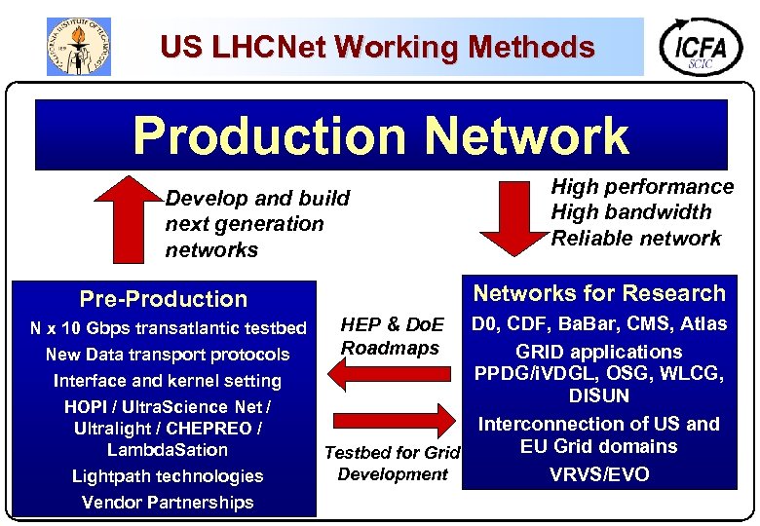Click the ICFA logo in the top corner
tap(701, 46)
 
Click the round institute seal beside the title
tap(79, 46)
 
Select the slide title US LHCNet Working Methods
tap(377, 46)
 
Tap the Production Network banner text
tap(381, 135)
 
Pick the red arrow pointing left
tap(391, 372)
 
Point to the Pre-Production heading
tap(164, 299)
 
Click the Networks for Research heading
tap(599, 293)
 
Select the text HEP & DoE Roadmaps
tap(392, 336)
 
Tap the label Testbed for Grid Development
tap(392, 464)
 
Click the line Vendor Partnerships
tap(168, 503)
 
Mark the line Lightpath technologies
tap(168, 476)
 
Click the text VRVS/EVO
tap(599, 475)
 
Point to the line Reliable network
tap(636, 239)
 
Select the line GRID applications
tap(599, 352)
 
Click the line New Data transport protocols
tap(168, 355)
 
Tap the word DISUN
tap(599, 396)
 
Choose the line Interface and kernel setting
tap(168, 381)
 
